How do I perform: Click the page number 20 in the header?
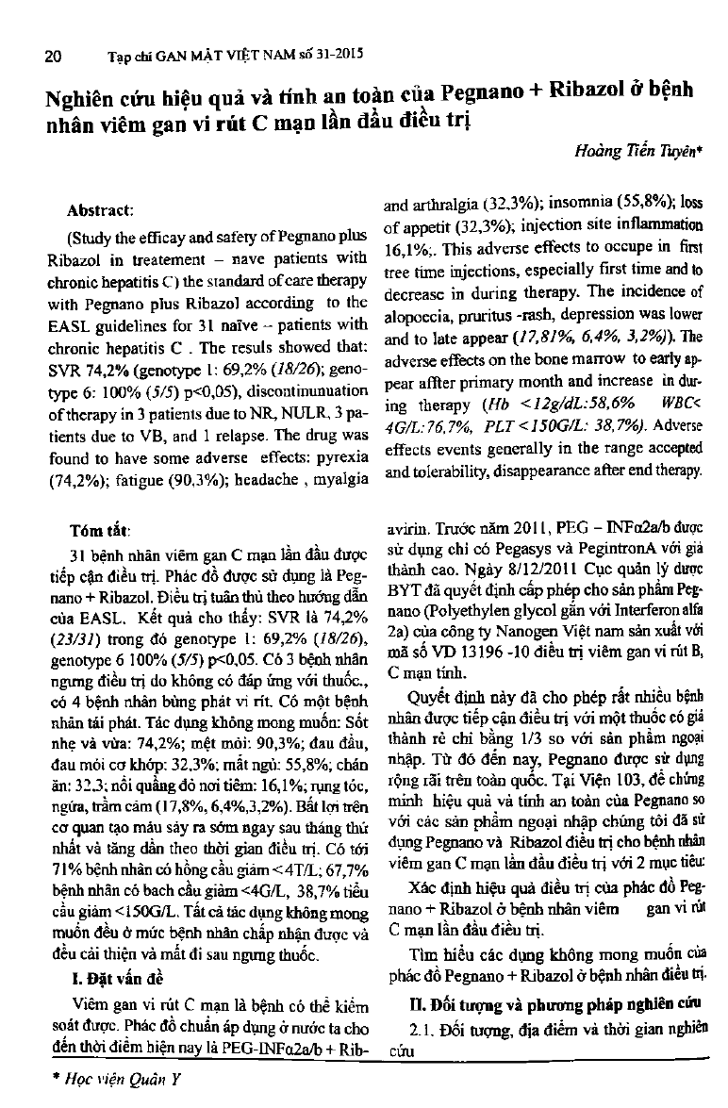coord(54,55)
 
